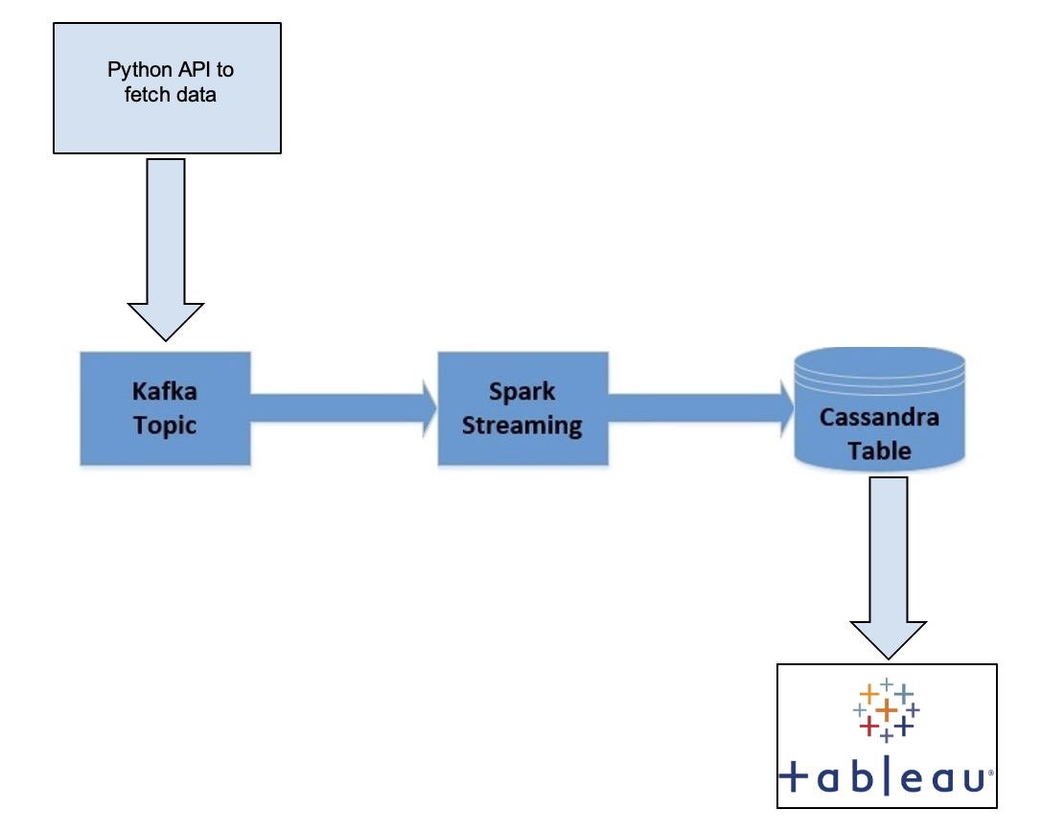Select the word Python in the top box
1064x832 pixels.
pos(135,70)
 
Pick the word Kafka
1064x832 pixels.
pos(165,393)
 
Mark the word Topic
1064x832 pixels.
pos(165,425)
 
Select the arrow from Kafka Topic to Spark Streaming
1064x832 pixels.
pos(335,406)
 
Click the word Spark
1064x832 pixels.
pos(522,392)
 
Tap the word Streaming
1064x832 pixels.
pos(522,425)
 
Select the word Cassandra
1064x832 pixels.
pos(880,418)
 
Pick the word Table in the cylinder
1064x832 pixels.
pos(880,450)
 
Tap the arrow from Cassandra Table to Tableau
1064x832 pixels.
pos(888,566)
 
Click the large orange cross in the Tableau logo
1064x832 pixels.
pos(887,710)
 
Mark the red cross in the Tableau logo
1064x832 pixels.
pos(868,727)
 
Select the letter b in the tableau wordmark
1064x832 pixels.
pos(859,777)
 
